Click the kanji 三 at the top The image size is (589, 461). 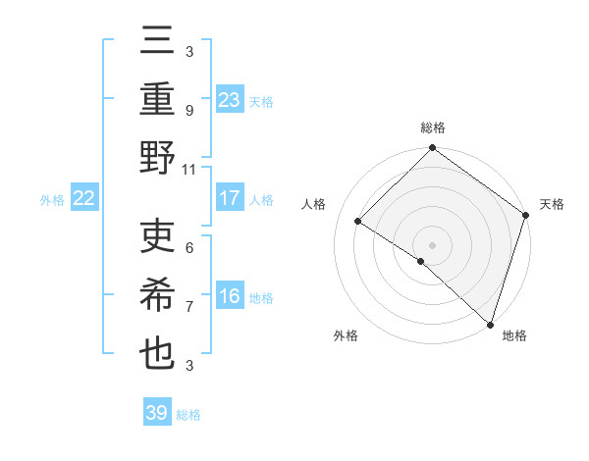[x=158, y=41]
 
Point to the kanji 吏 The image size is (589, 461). [x=158, y=237]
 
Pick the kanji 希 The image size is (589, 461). [x=158, y=295]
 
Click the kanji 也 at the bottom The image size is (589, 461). [x=158, y=354]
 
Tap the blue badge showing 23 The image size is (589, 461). [x=230, y=99]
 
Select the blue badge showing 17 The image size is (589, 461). [x=230, y=198]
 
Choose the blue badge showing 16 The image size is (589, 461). [x=230, y=296]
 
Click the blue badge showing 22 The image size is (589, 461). [x=84, y=198]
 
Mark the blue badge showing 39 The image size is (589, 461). [x=157, y=413]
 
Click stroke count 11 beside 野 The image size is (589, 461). [x=188, y=169]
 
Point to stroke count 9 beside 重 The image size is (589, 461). [x=188, y=111]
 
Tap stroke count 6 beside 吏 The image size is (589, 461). [x=188, y=248]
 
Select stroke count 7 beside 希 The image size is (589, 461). [x=188, y=307]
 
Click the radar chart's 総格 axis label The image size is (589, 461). [x=432, y=128]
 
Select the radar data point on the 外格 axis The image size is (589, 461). [x=421, y=261]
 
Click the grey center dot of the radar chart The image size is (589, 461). [x=432, y=244]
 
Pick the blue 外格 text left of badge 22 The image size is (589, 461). [x=52, y=199]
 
